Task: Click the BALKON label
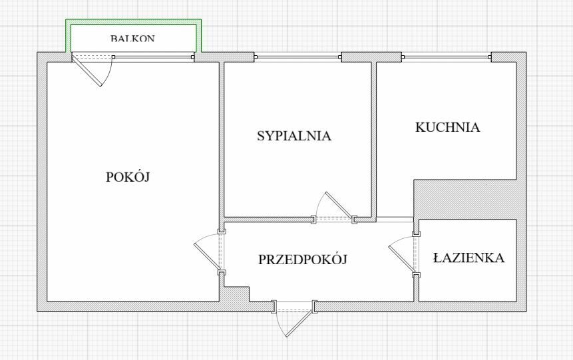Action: click(132, 38)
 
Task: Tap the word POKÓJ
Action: click(128, 177)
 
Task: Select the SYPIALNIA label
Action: click(294, 136)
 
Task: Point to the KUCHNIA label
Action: click(448, 127)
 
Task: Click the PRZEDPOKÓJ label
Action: click(303, 260)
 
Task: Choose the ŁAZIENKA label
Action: click(469, 258)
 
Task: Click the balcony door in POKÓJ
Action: click(93, 69)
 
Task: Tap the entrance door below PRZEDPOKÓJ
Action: click(293, 318)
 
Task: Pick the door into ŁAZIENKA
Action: click(404, 255)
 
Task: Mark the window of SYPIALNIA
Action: click(298, 57)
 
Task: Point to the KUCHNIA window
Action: click(446, 57)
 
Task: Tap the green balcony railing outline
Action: click(133, 35)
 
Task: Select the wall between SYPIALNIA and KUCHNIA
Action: click(374, 140)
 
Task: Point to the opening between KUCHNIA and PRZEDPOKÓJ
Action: click(395, 220)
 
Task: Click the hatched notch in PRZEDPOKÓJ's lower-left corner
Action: click(236, 294)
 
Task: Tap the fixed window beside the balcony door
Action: click(154, 57)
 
